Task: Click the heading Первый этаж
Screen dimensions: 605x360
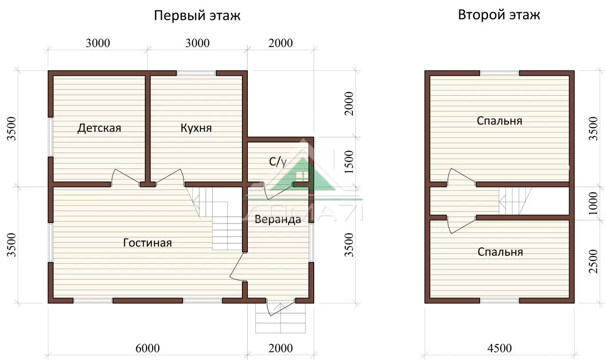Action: tap(197, 16)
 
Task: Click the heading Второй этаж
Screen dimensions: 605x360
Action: tap(499, 15)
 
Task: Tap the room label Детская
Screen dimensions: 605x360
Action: tap(99, 128)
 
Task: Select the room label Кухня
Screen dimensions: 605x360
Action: tap(196, 128)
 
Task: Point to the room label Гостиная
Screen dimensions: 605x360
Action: tap(148, 243)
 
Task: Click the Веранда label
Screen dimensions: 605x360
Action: tap(277, 219)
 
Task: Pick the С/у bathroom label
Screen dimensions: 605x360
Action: tap(277, 162)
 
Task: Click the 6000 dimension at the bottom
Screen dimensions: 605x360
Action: tap(148, 348)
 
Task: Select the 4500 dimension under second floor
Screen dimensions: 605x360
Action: tap(500, 348)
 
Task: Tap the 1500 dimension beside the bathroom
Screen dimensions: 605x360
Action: tap(349, 162)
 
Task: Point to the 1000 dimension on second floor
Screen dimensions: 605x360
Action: tap(593, 203)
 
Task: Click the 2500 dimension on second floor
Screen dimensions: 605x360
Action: tap(593, 262)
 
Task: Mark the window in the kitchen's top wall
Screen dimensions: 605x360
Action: tap(196, 73)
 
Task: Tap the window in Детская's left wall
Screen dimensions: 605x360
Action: tap(51, 137)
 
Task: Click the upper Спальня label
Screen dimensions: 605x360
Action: tap(500, 121)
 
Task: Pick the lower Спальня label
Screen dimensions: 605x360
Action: tap(500, 252)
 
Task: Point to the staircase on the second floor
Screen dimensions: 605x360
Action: tap(515, 201)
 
